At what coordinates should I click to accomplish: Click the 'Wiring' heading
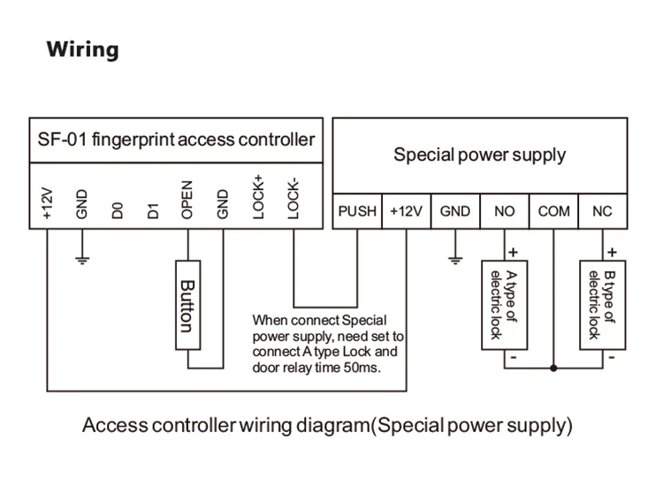click(x=82, y=49)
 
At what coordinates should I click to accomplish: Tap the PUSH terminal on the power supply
click(x=357, y=212)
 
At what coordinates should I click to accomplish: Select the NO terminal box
click(x=504, y=212)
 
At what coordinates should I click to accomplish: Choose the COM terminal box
click(x=554, y=212)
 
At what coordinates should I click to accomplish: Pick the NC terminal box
click(x=602, y=212)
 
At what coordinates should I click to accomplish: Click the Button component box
click(x=186, y=307)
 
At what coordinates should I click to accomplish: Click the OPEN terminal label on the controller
click(x=187, y=201)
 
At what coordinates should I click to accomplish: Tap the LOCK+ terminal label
click(x=258, y=196)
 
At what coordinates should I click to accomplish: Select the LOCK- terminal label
click(x=294, y=197)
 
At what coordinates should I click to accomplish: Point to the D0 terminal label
click(x=117, y=210)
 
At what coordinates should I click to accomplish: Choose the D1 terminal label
click(x=152, y=210)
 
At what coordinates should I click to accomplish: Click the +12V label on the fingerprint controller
click(x=47, y=203)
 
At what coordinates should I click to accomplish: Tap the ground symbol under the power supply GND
click(x=455, y=260)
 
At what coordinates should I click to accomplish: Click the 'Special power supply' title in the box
click(x=479, y=156)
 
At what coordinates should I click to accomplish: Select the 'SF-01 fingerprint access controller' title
click(x=176, y=140)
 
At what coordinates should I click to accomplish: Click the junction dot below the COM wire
click(x=554, y=368)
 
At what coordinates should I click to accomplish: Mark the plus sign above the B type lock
click(x=612, y=252)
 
